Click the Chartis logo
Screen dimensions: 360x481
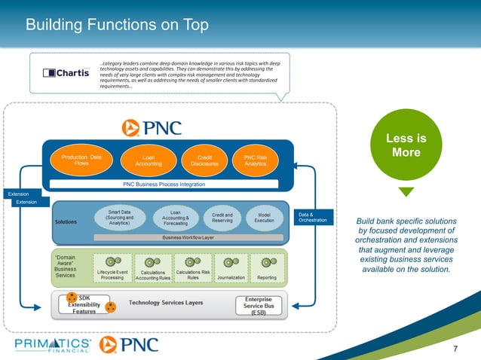65,74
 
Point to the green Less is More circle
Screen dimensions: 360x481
406,145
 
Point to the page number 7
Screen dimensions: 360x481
455,347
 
